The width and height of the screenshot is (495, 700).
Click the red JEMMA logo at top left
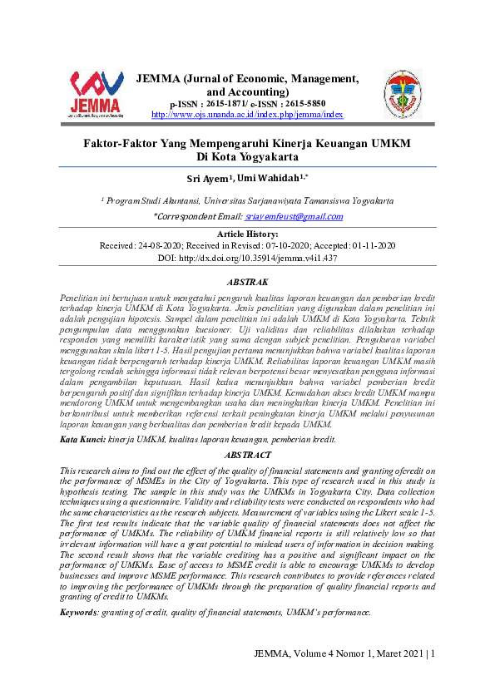(x=96, y=93)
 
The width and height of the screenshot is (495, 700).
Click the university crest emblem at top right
(x=402, y=93)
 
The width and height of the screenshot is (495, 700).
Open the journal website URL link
(x=246, y=115)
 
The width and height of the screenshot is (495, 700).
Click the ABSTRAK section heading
(x=247, y=283)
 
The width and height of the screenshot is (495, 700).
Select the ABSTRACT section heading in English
(x=247, y=456)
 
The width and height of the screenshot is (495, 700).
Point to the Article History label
(x=247, y=234)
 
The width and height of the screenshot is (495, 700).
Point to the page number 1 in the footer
(x=433, y=653)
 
